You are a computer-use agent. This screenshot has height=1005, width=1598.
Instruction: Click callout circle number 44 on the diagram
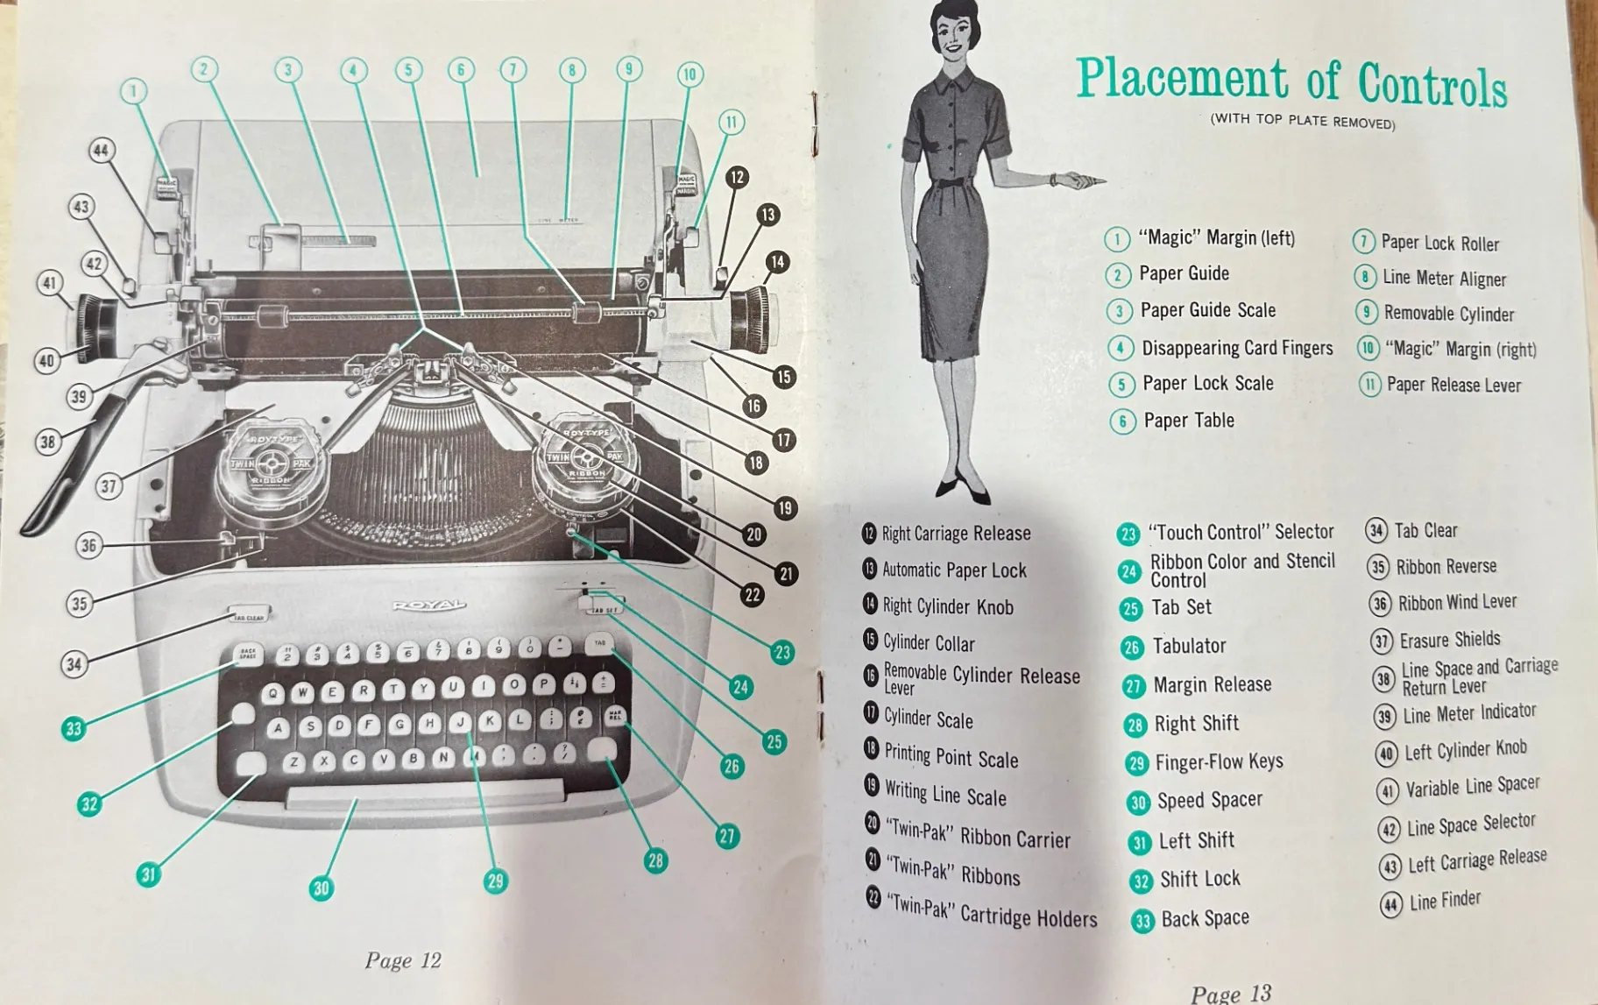click(x=102, y=151)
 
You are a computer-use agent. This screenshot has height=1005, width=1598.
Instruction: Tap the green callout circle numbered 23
click(x=781, y=652)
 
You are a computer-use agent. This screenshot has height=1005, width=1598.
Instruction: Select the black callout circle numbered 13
click(x=767, y=215)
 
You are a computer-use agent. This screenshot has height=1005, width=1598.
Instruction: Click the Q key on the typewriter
click(x=273, y=694)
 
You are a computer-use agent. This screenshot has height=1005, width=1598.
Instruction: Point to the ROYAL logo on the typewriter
click(x=429, y=605)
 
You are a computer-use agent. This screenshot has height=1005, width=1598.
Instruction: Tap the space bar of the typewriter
click(x=425, y=796)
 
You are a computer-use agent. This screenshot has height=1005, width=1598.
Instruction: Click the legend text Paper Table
click(x=1189, y=421)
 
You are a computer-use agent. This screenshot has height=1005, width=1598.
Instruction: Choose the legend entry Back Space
click(x=1205, y=918)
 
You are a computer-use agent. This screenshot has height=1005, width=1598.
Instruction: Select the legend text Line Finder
click(x=1445, y=900)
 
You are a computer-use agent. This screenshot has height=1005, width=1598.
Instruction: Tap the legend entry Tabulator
click(x=1189, y=647)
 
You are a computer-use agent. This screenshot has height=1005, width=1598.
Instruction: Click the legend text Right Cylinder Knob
click(x=948, y=606)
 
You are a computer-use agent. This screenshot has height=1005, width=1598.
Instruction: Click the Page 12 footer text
click(x=402, y=960)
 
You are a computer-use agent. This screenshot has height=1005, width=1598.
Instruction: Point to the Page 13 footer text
click(x=1230, y=994)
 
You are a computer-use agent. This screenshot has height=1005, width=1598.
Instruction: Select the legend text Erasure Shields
click(x=1449, y=640)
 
